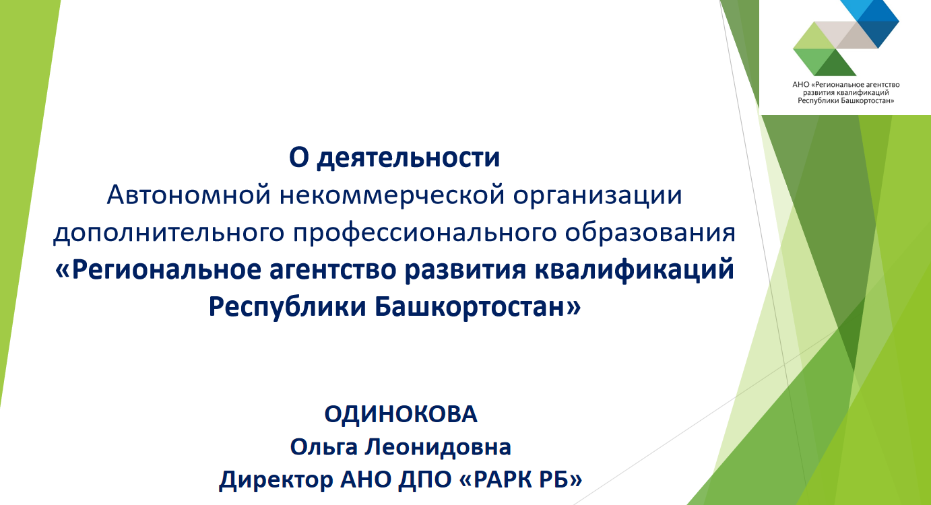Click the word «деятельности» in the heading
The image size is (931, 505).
click(x=408, y=158)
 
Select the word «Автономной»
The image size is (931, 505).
click(x=189, y=195)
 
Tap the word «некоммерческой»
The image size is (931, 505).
click(x=392, y=195)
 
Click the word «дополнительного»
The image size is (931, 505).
click(x=168, y=232)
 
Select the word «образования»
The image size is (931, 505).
click(x=650, y=232)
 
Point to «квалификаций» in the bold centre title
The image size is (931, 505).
click(x=634, y=270)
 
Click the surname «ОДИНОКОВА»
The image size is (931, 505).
click(x=401, y=414)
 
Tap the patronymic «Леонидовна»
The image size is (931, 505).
click(x=438, y=447)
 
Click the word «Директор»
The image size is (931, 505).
click(x=276, y=479)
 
